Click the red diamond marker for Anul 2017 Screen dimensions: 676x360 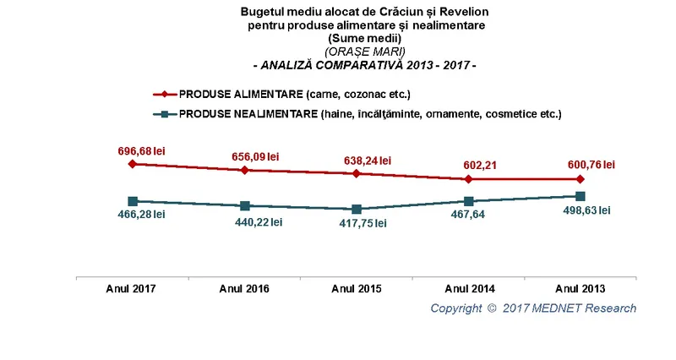133,164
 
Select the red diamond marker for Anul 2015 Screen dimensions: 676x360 356,173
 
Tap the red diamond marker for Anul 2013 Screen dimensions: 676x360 581,179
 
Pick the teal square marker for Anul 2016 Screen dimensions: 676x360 245,205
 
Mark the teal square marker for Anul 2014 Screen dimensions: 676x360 469,201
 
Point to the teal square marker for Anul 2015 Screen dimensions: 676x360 357,210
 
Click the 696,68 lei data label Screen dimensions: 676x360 141,151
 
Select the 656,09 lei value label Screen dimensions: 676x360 255,156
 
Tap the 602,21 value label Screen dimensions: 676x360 480,166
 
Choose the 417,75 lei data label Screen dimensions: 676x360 363,223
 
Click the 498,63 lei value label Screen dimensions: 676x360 586,210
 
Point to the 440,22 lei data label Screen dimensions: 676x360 259,222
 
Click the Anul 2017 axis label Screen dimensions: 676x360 131,288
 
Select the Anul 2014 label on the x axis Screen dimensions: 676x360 470,288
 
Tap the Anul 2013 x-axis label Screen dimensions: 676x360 581,288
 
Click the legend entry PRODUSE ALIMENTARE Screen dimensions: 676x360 282,94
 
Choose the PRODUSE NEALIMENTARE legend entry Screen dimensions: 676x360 357,114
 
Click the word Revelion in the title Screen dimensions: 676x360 463,12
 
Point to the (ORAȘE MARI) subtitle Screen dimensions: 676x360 365,52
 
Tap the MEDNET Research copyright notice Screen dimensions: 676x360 533,308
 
